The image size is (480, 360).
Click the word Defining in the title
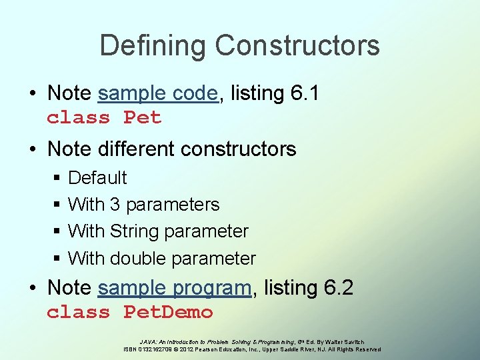(153, 46)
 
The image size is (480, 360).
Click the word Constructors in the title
(297, 46)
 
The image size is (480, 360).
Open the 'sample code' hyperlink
(157, 93)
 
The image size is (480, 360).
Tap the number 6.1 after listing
(305, 93)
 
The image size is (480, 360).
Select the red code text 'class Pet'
(104, 118)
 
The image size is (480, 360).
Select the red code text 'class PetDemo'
(129, 312)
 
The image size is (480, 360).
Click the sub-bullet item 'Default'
(97, 178)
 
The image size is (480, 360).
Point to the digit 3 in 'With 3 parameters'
(115, 205)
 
